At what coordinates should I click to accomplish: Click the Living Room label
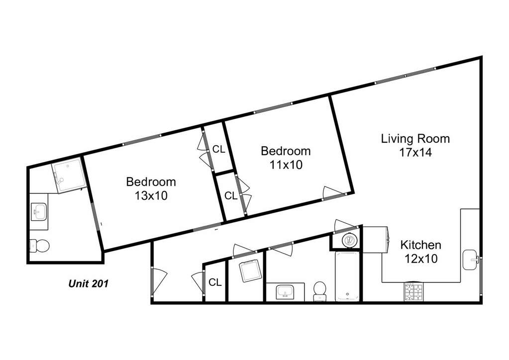pyautogui.click(x=415, y=139)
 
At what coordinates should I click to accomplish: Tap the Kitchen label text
pyautogui.click(x=421, y=245)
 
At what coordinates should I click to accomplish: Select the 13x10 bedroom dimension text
pyautogui.click(x=151, y=195)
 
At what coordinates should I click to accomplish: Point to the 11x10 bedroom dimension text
pyautogui.click(x=286, y=165)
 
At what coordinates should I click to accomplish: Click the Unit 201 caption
pyautogui.click(x=88, y=284)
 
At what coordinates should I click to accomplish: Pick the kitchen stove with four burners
pyautogui.click(x=413, y=291)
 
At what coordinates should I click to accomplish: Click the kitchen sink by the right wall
pyautogui.click(x=471, y=260)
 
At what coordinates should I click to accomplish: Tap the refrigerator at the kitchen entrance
pyautogui.click(x=375, y=240)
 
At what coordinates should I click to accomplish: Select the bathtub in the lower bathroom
pyautogui.click(x=347, y=276)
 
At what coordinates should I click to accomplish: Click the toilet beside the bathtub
pyautogui.click(x=320, y=291)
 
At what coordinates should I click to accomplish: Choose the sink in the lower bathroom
pyautogui.click(x=285, y=292)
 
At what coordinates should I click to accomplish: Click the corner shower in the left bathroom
pyautogui.click(x=69, y=175)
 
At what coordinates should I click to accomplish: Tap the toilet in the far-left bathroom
pyautogui.click(x=39, y=246)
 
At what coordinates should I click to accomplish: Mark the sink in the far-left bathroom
pyautogui.click(x=39, y=211)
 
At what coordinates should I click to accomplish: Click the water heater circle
pyautogui.click(x=349, y=240)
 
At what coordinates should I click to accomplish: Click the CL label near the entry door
pyautogui.click(x=215, y=282)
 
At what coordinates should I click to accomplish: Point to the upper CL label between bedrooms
pyautogui.click(x=218, y=149)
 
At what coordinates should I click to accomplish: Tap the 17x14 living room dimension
pyautogui.click(x=415, y=153)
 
